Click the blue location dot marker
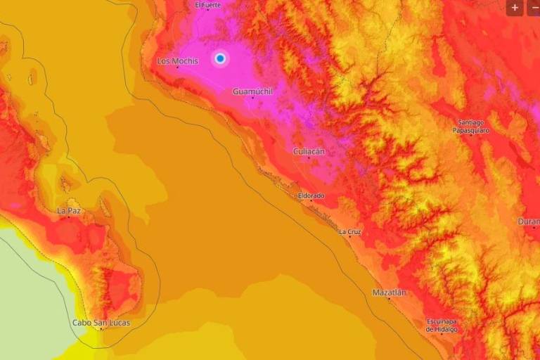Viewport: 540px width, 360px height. [220, 58]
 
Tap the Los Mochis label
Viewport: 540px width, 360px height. [177, 61]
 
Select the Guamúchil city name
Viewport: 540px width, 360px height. [252, 91]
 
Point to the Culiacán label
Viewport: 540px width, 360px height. [309, 151]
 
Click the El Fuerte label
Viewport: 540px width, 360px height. [208, 5]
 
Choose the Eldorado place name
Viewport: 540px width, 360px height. [311, 195]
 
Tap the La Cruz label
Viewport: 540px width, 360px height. [350, 231]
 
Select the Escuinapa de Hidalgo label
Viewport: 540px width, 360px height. [442, 326]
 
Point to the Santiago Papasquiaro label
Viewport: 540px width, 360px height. [471, 126]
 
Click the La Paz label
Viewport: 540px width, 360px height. [69, 210]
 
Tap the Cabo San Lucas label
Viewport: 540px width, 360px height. [101, 323]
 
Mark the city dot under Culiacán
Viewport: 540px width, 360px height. [309, 158]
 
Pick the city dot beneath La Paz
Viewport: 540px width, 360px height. [69, 217]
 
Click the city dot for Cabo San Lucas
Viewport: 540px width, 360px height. [101, 330]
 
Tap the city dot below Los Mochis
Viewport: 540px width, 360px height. [177, 67]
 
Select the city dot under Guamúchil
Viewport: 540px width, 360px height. [252, 98]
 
